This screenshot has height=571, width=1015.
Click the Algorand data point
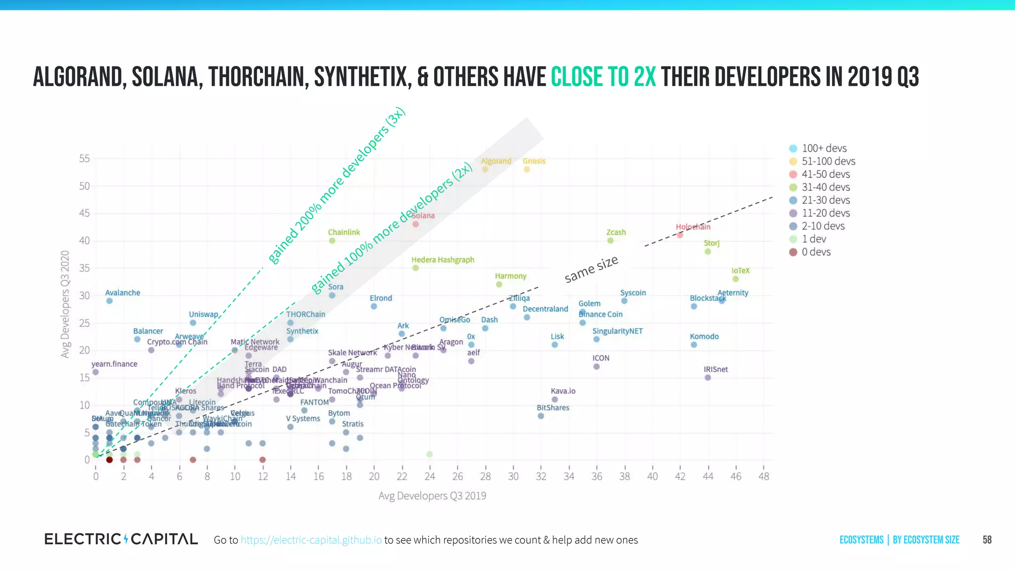coord(485,170)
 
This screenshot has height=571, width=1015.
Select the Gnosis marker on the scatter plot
coord(527,170)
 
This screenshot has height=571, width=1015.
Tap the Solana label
coord(423,216)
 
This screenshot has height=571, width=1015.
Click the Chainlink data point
coord(332,241)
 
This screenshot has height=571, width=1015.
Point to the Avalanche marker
coord(110,301)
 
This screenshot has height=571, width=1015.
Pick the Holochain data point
coord(680,235)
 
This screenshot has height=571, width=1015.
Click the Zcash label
coord(616,232)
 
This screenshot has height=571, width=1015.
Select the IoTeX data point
coord(735,279)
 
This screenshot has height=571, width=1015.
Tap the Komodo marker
coord(694,344)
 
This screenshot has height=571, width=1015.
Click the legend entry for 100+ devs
coord(824,148)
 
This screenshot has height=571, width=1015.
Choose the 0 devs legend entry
coord(816,252)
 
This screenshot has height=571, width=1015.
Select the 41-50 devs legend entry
coord(825,174)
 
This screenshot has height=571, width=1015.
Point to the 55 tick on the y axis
coord(84,159)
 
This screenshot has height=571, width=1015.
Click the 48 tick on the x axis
coord(764,476)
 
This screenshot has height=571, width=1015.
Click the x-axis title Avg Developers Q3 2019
coord(432,496)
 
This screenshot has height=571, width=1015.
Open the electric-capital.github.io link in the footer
coord(311,540)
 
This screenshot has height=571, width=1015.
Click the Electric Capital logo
coord(121,539)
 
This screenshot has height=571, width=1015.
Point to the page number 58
coord(987,540)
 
